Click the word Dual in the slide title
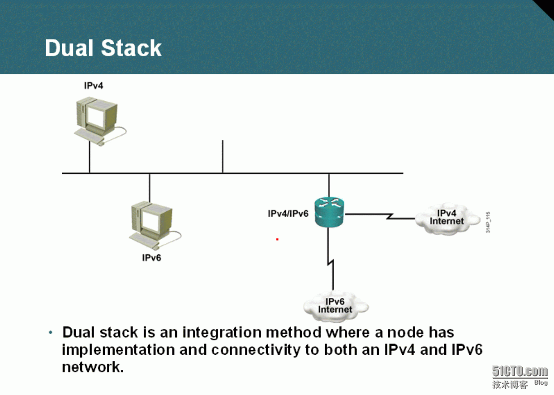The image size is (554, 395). point(69,48)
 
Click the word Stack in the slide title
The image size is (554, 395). point(131,48)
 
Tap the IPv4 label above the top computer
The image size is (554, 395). point(94,86)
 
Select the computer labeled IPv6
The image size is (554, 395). point(155,225)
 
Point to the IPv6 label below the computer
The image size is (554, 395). point(151,258)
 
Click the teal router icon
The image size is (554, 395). point(329,212)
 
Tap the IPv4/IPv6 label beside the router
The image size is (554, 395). point(288,214)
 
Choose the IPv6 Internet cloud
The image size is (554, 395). point(335,306)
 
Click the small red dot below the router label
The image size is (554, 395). point(277,239)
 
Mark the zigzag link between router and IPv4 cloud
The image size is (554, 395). point(380,216)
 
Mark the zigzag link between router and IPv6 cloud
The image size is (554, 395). point(331,259)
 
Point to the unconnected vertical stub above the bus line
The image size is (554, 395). point(223,156)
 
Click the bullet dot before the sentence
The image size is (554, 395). point(51,332)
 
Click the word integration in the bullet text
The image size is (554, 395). point(222,333)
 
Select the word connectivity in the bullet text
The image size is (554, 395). point(255,350)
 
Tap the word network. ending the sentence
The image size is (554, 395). point(93,367)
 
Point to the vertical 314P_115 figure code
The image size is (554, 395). point(488,222)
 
